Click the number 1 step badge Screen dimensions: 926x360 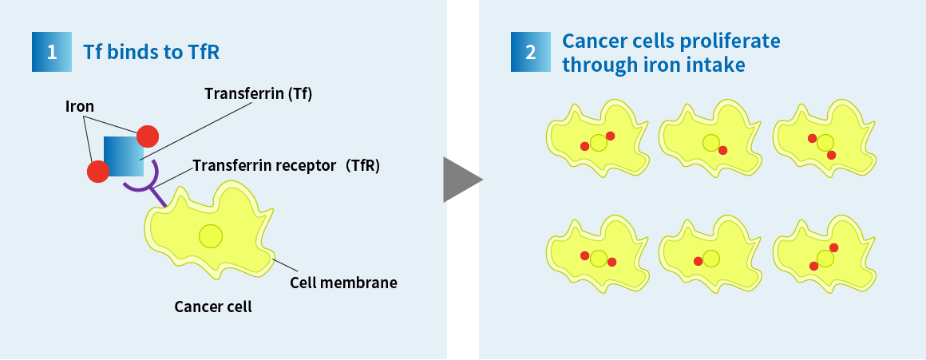pyautogui.click(x=52, y=52)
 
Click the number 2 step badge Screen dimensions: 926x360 pyautogui.click(x=530, y=52)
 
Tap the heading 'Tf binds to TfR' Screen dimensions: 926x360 pyautogui.click(x=151, y=52)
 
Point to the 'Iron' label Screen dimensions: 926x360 pyautogui.click(x=80, y=106)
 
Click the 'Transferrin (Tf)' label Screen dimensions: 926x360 pyautogui.click(x=258, y=93)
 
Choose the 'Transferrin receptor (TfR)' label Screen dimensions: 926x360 pyautogui.click(x=287, y=166)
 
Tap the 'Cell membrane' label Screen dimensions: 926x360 pyautogui.click(x=343, y=283)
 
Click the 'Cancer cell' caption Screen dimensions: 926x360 pyautogui.click(x=213, y=307)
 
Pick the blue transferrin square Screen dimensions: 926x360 pyautogui.click(x=124, y=156)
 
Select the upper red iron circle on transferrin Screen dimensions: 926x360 pyautogui.click(x=148, y=136)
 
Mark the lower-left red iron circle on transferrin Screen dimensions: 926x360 pyautogui.click(x=98, y=171)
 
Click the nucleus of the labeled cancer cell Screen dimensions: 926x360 pyautogui.click(x=211, y=236)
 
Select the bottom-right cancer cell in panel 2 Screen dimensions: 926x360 pyautogui.click(x=825, y=255)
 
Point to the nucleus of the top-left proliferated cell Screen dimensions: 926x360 pyautogui.click(x=599, y=143)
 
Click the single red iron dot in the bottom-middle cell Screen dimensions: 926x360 pyautogui.click(x=698, y=262)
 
